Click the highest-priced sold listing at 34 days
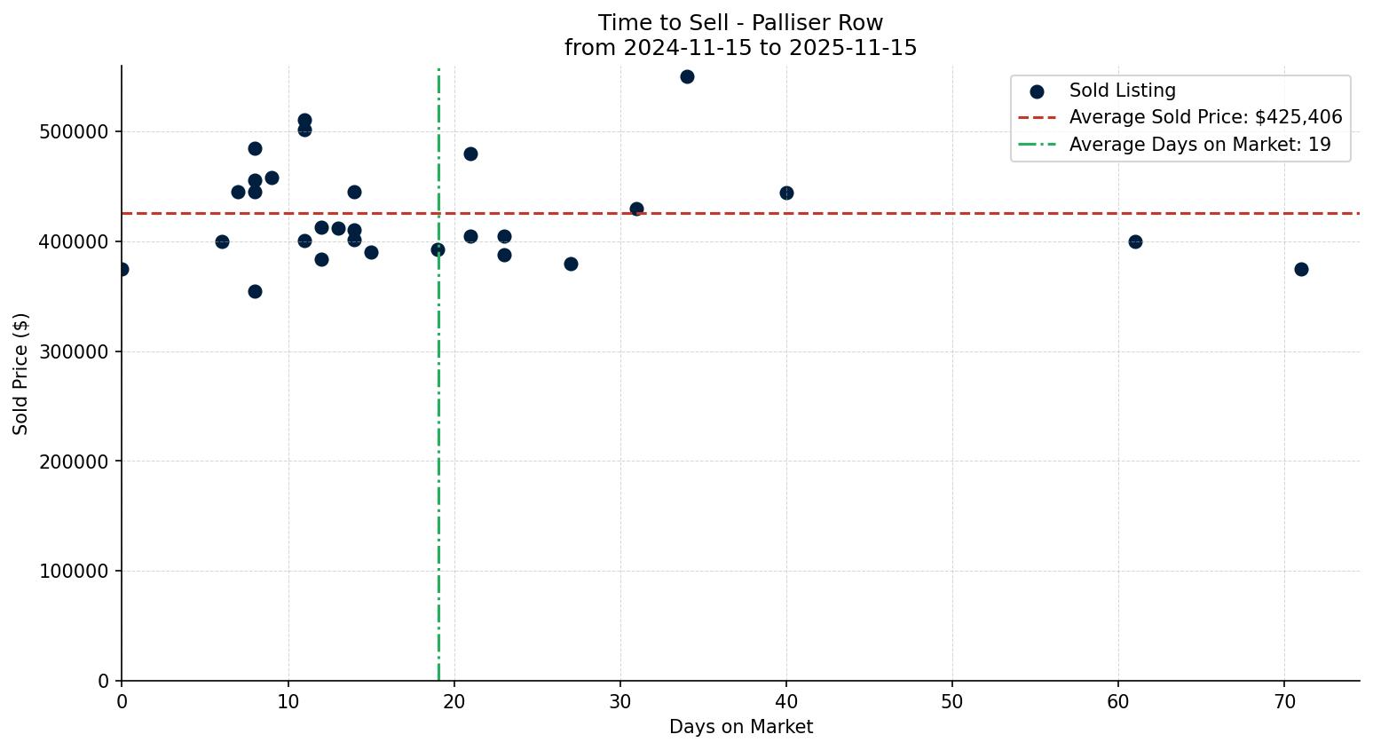pos(687,76)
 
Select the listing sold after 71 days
pos(1301,269)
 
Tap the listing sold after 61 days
pos(1135,241)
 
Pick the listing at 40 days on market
pos(786,193)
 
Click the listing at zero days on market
pos(122,269)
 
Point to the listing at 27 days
pos(571,264)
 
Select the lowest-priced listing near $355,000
pos(255,291)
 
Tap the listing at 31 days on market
pos(636,209)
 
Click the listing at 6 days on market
pos(222,241)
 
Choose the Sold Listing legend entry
pos(1122,91)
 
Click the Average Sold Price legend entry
pos(1205,117)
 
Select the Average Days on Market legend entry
pos(1199,145)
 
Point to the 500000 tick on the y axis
pos(74,132)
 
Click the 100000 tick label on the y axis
pos(74,572)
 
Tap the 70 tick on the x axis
pos(1284,702)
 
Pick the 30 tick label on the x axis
pos(620,702)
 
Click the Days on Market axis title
pos(741,727)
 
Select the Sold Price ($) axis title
pos(21,374)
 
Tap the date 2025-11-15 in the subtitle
pos(857,48)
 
